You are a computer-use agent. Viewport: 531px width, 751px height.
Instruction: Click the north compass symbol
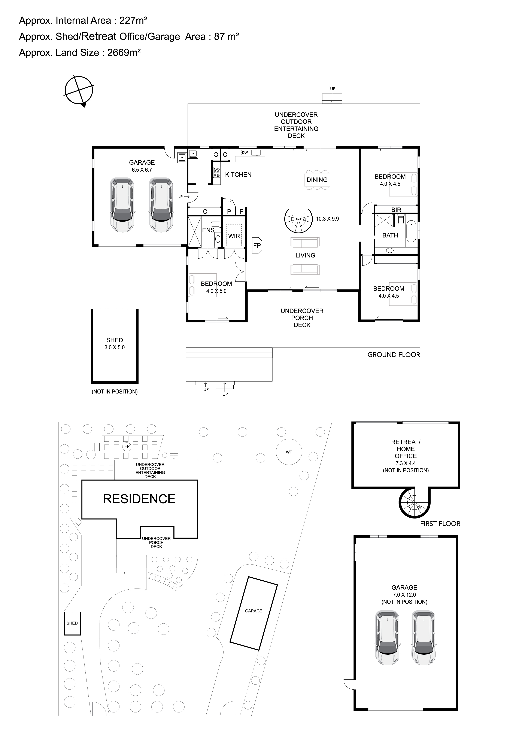(79, 91)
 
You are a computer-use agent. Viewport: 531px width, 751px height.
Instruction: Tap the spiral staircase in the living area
(298, 221)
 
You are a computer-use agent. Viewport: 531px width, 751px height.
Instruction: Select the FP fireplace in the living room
(257, 245)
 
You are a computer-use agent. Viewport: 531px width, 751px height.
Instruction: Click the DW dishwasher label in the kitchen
(245, 152)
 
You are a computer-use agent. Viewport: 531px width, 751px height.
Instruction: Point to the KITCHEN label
(238, 175)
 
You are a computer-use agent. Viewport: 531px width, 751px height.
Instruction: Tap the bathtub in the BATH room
(411, 234)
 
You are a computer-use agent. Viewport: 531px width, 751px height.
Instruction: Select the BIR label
(396, 210)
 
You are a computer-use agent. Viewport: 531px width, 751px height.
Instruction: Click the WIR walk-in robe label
(234, 236)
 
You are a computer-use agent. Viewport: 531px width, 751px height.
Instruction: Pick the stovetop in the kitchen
(217, 172)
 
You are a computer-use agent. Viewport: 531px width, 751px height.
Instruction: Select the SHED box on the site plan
(72, 623)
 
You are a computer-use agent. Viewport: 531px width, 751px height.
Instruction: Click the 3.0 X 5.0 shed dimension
(115, 347)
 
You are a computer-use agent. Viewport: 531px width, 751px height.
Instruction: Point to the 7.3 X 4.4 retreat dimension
(406, 463)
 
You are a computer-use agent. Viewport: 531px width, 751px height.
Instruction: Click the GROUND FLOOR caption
(394, 355)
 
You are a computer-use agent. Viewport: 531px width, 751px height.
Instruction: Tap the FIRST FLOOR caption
(440, 524)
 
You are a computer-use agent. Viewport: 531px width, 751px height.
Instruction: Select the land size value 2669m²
(124, 53)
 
